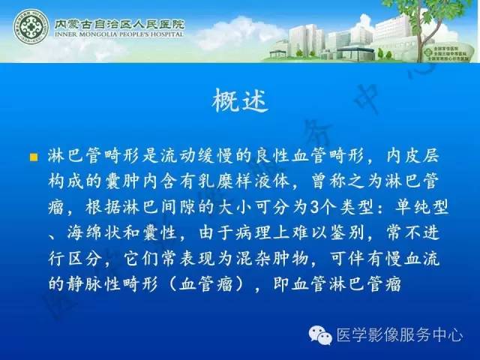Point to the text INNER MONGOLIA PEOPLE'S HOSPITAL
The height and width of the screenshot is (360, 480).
pos(118,34)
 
